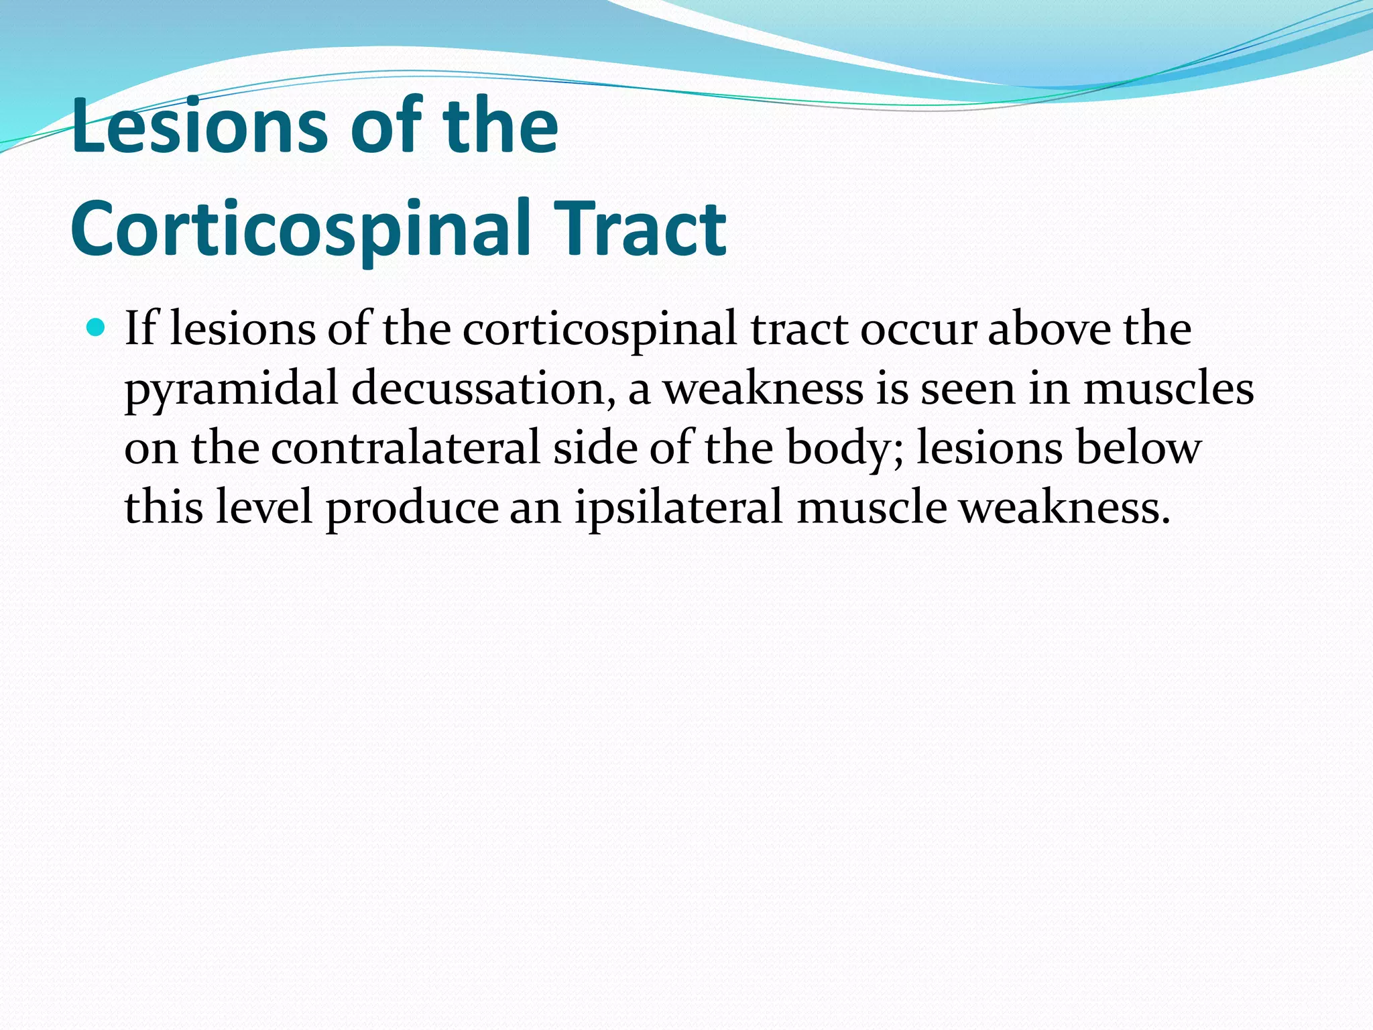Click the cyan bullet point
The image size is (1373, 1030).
click(97, 329)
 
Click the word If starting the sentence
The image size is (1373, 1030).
click(140, 329)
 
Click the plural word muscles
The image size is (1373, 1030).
click(1168, 389)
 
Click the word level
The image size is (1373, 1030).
click(264, 507)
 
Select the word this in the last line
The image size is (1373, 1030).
click(164, 507)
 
